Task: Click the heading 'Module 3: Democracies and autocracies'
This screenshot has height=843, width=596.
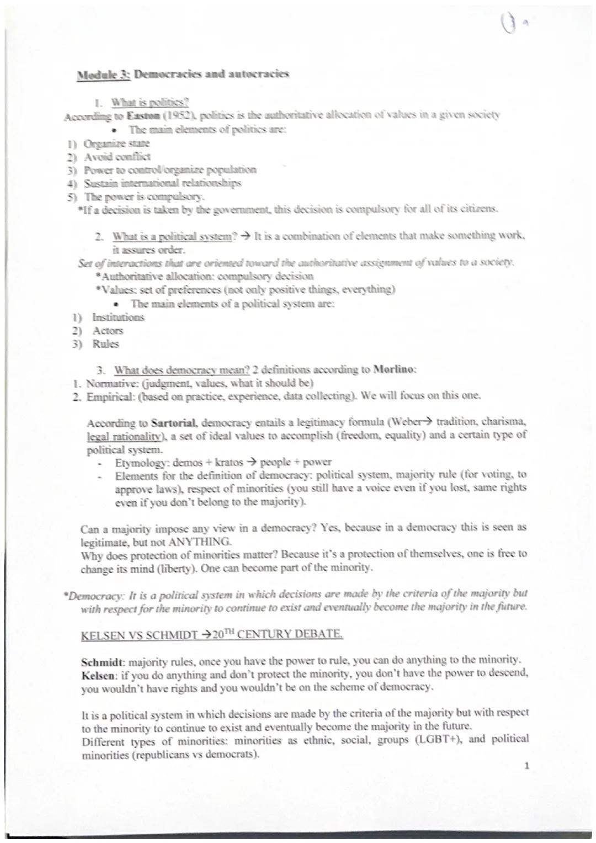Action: click(183, 76)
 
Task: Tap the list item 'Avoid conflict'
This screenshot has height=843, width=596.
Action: click(117, 157)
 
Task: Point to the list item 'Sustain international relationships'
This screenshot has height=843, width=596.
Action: click(162, 183)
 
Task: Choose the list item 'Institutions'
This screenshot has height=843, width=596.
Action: click(118, 317)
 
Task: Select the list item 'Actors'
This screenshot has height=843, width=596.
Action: click(108, 331)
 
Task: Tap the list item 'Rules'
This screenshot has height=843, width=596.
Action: click(105, 344)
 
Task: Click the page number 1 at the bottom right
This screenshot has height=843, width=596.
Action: click(528, 766)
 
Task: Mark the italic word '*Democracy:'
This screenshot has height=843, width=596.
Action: click(93, 595)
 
